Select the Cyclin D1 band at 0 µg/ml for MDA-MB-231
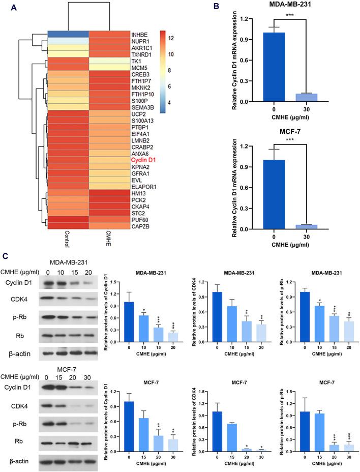[x=48, y=283]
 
